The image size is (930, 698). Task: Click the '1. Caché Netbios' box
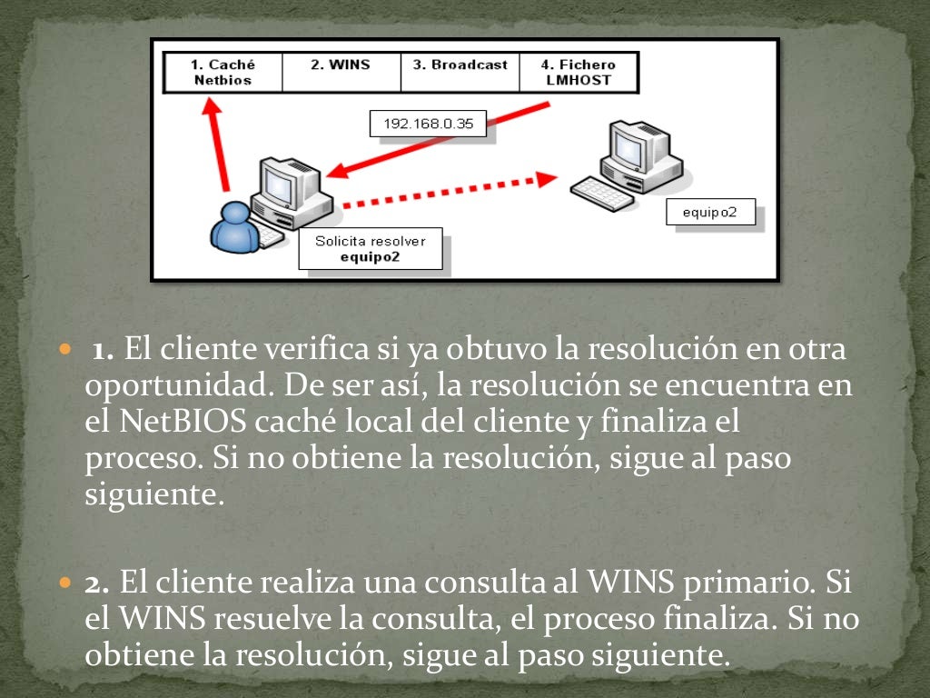pyautogui.click(x=223, y=72)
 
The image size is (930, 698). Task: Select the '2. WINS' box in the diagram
pyautogui.click(x=341, y=72)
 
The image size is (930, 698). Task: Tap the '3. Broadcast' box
pyautogui.click(x=460, y=72)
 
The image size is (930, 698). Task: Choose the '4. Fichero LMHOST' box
pyautogui.click(x=579, y=72)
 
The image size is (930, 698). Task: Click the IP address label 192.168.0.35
pyautogui.click(x=428, y=125)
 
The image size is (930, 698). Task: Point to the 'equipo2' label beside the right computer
pyautogui.click(x=709, y=214)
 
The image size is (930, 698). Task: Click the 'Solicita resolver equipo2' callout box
pyautogui.click(x=370, y=248)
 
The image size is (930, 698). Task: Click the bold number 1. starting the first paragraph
pyautogui.click(x=102, y=349)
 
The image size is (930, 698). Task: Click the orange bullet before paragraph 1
pyautogui.click(x=64, y=350)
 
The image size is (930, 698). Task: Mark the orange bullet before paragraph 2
pyautogui.click(x=64, y=581)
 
